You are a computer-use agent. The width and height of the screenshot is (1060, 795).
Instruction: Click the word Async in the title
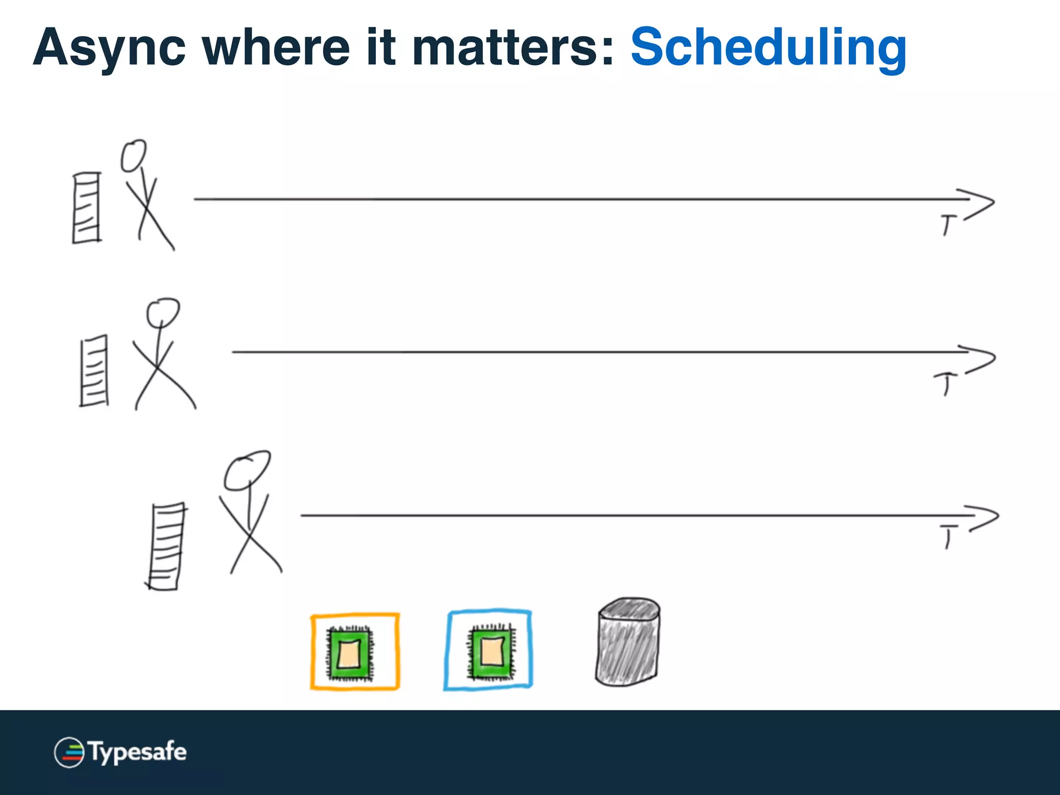(109, 48)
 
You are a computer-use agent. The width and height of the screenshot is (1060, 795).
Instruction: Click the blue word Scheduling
(768, 48)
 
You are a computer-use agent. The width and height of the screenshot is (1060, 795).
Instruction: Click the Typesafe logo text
(138, 752)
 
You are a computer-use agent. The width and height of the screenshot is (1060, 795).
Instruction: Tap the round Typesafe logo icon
(69, 752)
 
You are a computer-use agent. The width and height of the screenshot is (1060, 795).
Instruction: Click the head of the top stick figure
(134, 155)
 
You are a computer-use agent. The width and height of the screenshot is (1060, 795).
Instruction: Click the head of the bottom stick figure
(247, 470)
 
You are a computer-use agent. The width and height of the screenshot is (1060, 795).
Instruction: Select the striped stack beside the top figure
(86, 208)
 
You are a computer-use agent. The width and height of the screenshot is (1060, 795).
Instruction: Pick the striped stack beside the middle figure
(94, 371)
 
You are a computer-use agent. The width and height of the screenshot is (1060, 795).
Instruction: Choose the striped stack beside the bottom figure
(166, 546)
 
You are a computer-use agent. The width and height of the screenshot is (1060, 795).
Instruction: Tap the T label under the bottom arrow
(948, 536)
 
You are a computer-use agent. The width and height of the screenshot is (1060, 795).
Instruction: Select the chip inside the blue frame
(492, 651)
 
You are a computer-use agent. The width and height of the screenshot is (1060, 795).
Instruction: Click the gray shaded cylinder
(628, 643)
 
